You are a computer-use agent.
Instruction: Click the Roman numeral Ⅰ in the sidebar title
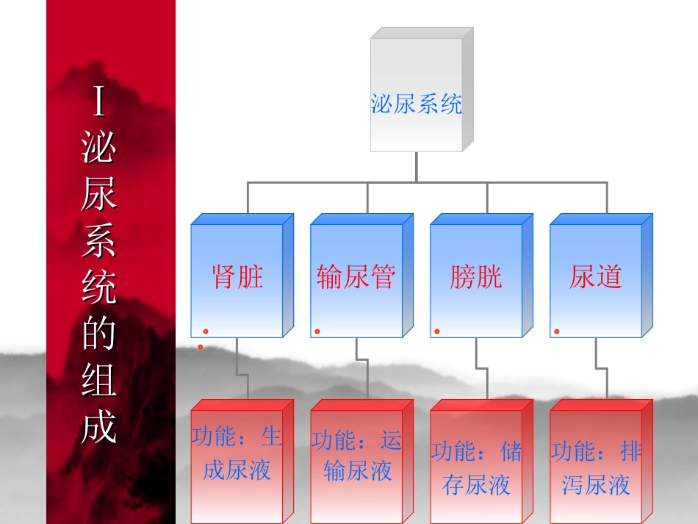point(99,103)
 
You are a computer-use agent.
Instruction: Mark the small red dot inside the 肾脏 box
point(206,331)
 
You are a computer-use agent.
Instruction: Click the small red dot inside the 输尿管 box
point(317,331)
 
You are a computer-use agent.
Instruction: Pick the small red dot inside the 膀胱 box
point(437,331)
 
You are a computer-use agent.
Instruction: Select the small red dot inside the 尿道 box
point(557,331)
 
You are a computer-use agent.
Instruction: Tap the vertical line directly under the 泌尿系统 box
point(416,166)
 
